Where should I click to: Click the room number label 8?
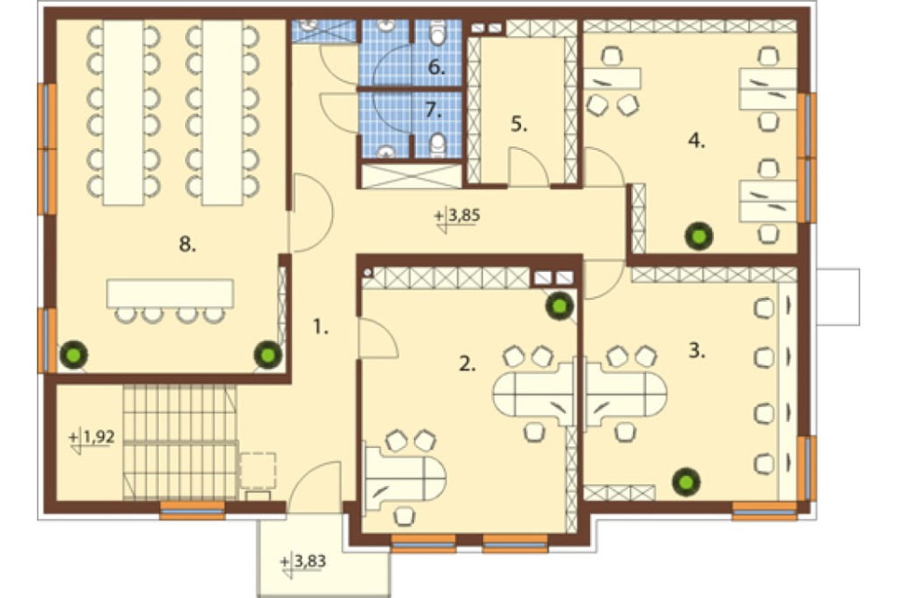coord(188,244)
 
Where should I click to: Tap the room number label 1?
coord(321,327)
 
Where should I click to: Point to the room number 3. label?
coord(697,350)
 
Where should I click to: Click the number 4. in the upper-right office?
coord(697,140)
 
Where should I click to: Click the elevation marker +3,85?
coord(457,217)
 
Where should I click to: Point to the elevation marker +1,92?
coord(92,438)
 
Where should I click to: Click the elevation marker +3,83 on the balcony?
coord(304,562)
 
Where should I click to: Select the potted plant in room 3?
coord(685,481)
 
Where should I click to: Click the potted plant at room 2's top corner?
coord(559,306)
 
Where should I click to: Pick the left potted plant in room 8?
coord(75,355)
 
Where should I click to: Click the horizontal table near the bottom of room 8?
coord(170,294)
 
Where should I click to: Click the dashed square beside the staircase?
coord(257,470)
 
